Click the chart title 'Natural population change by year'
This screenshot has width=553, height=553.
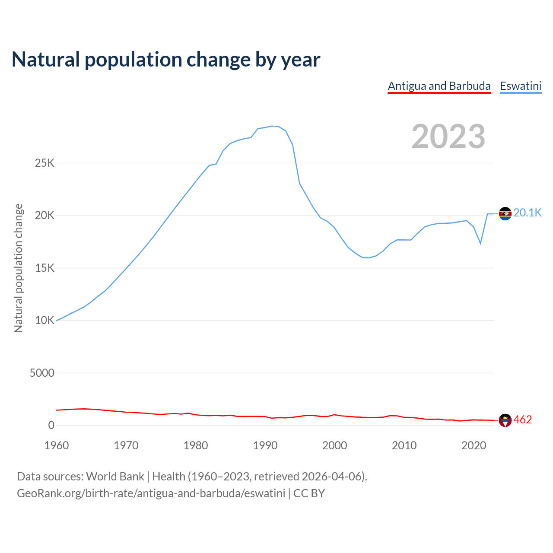(166, 60)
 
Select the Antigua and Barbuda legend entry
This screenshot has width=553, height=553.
(439, 86)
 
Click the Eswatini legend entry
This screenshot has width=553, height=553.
(521, 86)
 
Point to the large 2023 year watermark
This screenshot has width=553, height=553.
(448, 137)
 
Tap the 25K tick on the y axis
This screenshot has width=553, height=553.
(45, 163)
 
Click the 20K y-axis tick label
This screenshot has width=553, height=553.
(45, 216)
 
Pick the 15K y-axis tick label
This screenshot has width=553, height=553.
(45, 268)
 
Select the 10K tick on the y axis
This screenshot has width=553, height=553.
(45, 321)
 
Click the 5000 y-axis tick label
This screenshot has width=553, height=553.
(42, 373)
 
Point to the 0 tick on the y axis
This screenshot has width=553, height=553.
(51, 426)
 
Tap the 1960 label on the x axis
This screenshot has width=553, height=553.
(57, 445)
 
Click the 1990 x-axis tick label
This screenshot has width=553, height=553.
(265, 445)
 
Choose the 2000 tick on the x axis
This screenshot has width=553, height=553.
(335, 445)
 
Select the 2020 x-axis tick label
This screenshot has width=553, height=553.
(474, 445)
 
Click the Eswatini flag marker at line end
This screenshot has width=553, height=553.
(505, 213)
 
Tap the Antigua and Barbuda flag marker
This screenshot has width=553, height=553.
(505, 420)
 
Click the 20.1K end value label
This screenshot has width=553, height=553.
(528, 213)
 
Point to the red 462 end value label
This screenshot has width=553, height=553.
(523, 420)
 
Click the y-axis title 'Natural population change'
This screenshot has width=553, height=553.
(19, 268)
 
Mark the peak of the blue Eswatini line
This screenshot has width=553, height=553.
(272, 126)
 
